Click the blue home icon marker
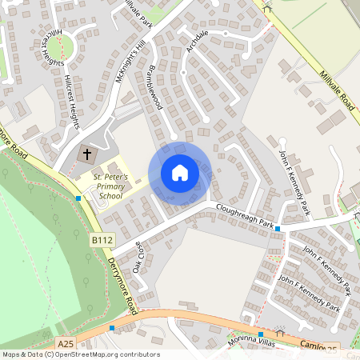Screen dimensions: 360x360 180,173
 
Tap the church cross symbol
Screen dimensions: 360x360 87,152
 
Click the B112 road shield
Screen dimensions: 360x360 101,239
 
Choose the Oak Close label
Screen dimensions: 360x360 141,256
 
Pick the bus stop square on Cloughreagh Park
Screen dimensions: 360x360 277,229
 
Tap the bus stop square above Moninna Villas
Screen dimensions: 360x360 261,334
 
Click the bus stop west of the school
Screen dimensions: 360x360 78,198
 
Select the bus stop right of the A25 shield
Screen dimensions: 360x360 112,328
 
